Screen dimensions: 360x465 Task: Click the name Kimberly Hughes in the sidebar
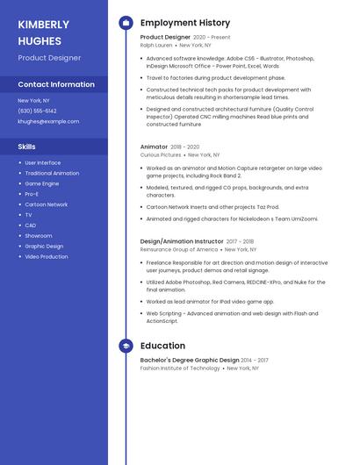pyautogui.click(x=43, y=32)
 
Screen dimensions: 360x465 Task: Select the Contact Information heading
pyautogui.click(x=56, y=85)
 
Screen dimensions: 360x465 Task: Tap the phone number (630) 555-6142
pyautogui.click(x=37, y=111)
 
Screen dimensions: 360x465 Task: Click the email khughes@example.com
pyautogui.click(x=42, y=122)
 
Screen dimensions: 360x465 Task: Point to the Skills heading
pyautogui.click(x=27, y=147)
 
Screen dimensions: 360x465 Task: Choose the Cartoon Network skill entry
pyautogui.click(x=46, y=204)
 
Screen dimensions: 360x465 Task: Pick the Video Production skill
pyautogui.click(x=46, y=257)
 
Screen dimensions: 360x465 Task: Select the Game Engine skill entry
pyautogui.click(x=41, y=183)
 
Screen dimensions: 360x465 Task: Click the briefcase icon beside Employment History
pyautogui.click(x=126, y=23)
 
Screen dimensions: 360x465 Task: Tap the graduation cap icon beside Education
pyautogui.click(x=126, y=346)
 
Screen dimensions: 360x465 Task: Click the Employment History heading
pyautogui.click(x=185, y=23)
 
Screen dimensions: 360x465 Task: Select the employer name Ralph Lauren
pyautogui.click(x=156, y=45)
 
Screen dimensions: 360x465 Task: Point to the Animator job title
pyautogui.click(x=154, y=147)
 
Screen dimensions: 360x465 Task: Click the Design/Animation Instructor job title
pyautogui.click(x=182, y=241)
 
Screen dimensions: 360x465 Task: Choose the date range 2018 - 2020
pyautogui.click(x=185, y=147)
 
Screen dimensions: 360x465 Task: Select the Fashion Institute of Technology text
pyautogui.click(x=180, y=368)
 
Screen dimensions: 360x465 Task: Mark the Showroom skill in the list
pyautogui.click(x=38, y=236)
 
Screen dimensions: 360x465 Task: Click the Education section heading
pyautogui.click(x=162, y=346)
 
